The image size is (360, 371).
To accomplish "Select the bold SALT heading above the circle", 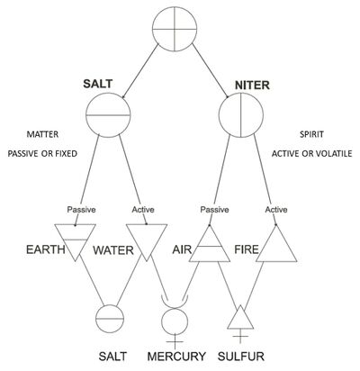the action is pyautogui.click(x=98, y=84).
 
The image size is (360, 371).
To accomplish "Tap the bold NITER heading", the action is pyautogui.click(x=252, y=86).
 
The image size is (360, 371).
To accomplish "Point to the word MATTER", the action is pyautogui.click(x=42, y=134).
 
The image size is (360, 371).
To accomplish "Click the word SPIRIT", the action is pyautogui.click(x=311, y=134).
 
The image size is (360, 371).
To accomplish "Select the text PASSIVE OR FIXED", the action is pyautogui.click(x=42, y=154).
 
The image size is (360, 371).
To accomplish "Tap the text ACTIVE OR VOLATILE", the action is pyautogui.click(x=311, y=154).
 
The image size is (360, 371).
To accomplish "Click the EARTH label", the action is pyautogui.click(x=46, y=249).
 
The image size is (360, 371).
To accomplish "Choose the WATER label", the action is pyautogui.click(x=113, y=250).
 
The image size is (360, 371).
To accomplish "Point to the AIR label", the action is pyautogui.click(x=182, y=249).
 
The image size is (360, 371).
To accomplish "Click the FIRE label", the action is pyautogui.click(x=247, y=249).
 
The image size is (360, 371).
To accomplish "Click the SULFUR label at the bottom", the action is pyautogui.click(x=241, y=357).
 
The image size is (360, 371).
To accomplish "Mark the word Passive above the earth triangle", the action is pyautogui.click(x=81, y=209).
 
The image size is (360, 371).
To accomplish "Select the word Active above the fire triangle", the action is pyautogui.click(x=276, y=209).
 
